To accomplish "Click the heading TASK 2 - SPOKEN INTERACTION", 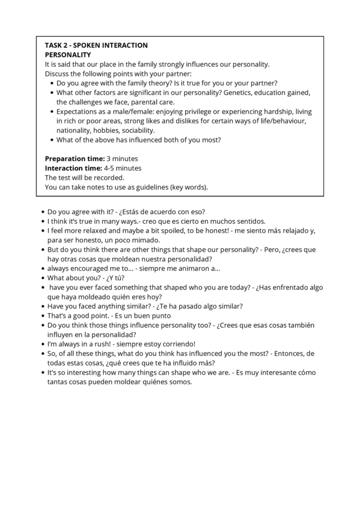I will [x=96, y=45].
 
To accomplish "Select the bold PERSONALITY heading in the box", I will [x=68, y=55].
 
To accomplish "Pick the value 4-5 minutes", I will [x=122, y=168].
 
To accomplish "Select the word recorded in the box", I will [x=109, y=177].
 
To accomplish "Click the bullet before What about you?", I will [x=42, y=278].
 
